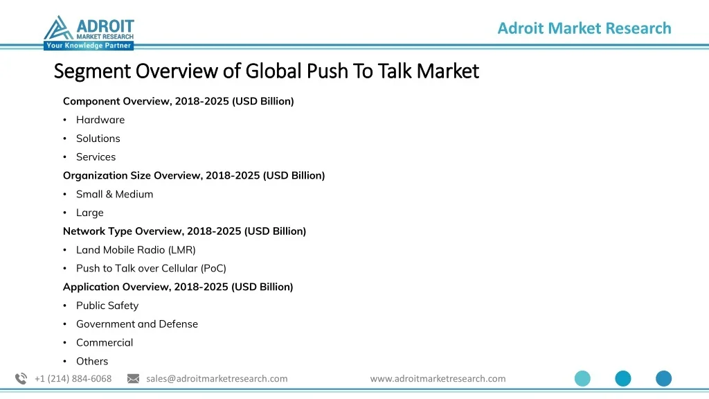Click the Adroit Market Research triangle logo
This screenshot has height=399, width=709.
point(58,28)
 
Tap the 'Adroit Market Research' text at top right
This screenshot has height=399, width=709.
point(584,28)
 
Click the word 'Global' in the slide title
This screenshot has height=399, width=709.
point(273,71)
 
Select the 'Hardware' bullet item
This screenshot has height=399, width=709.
point(100,120)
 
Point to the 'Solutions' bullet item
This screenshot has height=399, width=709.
point(98,139)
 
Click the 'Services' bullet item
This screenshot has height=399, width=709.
point(96,157)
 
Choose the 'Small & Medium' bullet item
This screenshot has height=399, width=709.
point(114,194)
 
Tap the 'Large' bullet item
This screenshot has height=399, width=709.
point(89,213)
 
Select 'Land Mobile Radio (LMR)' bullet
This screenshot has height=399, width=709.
point(136,250)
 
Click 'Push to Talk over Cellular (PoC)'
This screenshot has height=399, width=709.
point(151,268)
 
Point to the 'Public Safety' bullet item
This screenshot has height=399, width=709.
point(107,305)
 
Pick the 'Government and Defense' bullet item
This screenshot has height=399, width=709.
point(137,324)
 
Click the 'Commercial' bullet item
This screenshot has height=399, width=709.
point(105,342)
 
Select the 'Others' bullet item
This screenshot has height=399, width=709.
point(92,361)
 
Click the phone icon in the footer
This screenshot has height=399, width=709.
point(21,378)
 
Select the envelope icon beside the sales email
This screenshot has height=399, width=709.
point(134,378)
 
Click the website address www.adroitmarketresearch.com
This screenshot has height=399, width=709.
point(438,378)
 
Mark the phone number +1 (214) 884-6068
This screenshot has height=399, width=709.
point(73,378)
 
